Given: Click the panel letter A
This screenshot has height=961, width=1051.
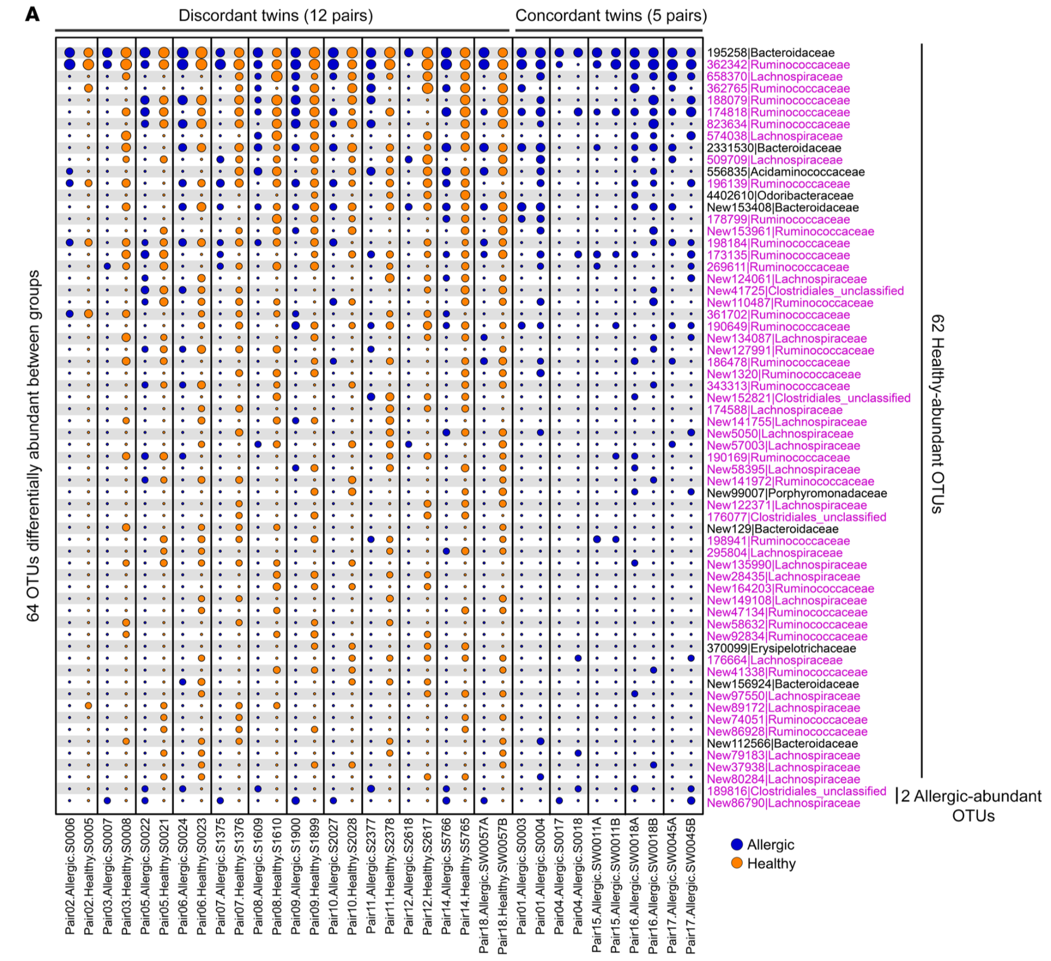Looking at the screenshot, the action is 32,15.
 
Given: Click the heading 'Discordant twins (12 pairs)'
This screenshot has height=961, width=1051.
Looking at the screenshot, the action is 276,15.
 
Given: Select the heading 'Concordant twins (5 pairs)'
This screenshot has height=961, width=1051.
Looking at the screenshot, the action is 611,15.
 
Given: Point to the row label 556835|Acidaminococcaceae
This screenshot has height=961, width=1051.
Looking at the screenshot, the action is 785,172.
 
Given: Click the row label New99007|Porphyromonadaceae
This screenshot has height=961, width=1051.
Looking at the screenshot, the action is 797,493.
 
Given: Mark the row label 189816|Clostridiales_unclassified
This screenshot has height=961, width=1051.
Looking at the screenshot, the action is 796,791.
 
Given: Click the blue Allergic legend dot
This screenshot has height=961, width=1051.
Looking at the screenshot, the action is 737,845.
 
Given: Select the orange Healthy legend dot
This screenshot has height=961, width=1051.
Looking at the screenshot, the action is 737,863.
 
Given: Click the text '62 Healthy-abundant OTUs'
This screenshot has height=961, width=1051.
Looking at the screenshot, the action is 937,414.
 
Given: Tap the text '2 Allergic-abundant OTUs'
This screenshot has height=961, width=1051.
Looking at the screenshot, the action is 971,806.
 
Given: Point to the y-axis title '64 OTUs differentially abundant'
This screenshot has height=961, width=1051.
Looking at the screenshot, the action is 34,446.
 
